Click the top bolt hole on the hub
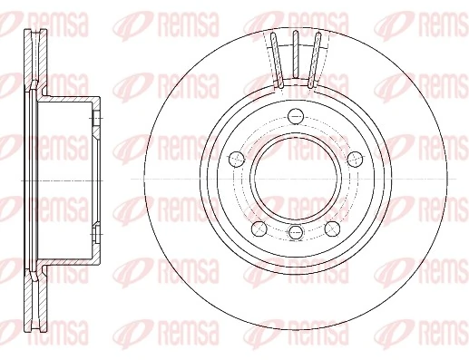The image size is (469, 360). coord(296,115)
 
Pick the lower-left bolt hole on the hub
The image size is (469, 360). coord(259,227)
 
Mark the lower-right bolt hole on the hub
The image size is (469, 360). coord(332,227)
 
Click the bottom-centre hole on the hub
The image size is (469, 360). coord(296,235)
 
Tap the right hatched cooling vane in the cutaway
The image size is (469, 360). coord(315,60)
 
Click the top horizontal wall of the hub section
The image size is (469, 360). coord(68,96)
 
